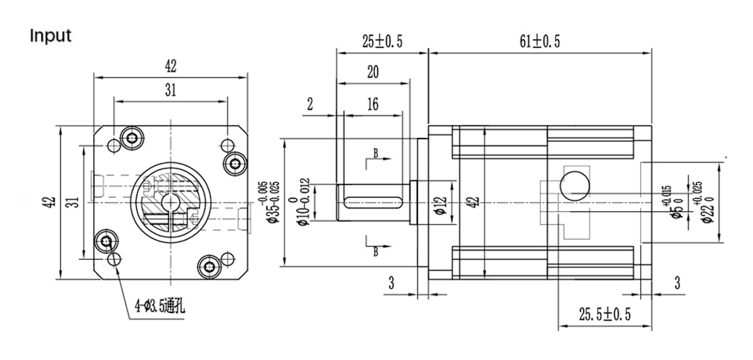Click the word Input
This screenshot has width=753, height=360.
[x=51, y=36]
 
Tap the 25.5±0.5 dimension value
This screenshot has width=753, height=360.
[x=604, y=314]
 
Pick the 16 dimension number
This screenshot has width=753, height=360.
[x=372, y=104]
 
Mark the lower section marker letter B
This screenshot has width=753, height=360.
[x=375, y=252]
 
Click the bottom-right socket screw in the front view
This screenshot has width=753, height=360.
[x=208, y=267]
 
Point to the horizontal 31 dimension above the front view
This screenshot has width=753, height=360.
[x=170, y=90]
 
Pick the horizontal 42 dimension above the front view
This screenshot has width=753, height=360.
[x=171, y=65]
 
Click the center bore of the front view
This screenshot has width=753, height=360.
[x=170, y=202]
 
